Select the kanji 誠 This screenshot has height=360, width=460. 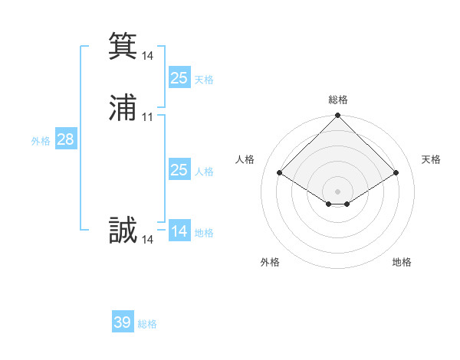click(x=123, y=230)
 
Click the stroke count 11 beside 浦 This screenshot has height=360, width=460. click(x=148, y=117)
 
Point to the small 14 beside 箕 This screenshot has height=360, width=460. click(x=148, y=56)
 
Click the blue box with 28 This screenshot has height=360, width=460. click(x=65, y=139)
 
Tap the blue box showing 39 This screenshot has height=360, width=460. click(x=123, y=322)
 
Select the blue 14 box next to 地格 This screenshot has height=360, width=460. click(x=179, y=231)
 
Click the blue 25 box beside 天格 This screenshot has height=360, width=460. click(x=179, y=77)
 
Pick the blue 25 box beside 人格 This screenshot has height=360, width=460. click(x=179, y=170)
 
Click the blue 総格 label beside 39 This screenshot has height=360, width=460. click(x=147, y=324)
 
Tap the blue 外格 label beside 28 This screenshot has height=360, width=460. click(x=41, y=141)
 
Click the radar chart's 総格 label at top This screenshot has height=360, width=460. click(x=337, y=100)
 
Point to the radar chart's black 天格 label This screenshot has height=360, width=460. click(x=431, y=159)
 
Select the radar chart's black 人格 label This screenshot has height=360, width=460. click(x=245, y=159)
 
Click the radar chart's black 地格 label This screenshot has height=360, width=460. click(x=402, y=262)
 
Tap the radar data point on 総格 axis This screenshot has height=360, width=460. click(x=337, y=116)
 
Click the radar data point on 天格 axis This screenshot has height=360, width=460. click(x=396, y=173)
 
